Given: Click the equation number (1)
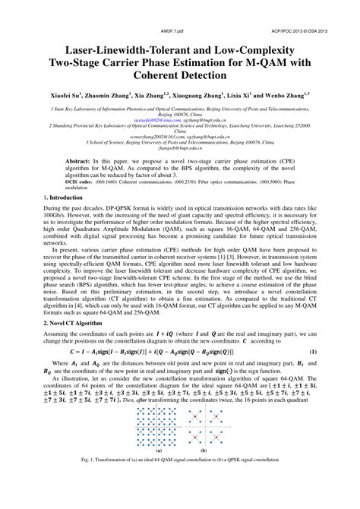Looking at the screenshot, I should (314, 375).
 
